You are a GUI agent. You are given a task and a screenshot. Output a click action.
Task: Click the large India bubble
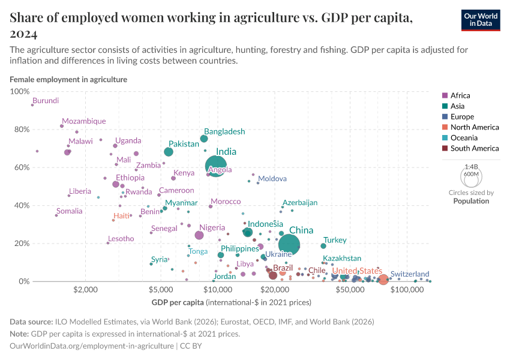pos(216,166)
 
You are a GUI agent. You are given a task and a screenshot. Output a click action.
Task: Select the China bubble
pos(290,244)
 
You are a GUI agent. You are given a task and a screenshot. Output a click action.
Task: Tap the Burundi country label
pos(46,101)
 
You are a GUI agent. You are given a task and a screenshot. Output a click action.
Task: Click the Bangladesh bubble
pos(204,139)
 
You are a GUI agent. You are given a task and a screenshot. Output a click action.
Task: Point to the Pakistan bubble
pos(169,152)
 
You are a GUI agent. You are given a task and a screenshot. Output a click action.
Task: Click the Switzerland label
pos(410,274)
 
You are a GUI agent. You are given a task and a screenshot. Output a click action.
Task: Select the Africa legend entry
pos(460,95)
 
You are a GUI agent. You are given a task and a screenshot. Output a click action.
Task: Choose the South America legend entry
pos(474,148)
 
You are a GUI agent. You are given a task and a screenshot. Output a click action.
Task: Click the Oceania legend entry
pos(465,137)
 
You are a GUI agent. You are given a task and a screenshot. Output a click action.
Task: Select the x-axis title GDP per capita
pos(231,302)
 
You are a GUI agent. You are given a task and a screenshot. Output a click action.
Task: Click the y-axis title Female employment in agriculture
pos(68,79)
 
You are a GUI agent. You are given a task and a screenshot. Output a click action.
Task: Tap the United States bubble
pos(383,279)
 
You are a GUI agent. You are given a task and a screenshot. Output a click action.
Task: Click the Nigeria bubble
pos(199,235)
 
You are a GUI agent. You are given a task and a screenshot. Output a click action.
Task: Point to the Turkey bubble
pos(323,246)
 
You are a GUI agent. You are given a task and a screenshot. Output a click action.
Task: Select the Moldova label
pos(272,179)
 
